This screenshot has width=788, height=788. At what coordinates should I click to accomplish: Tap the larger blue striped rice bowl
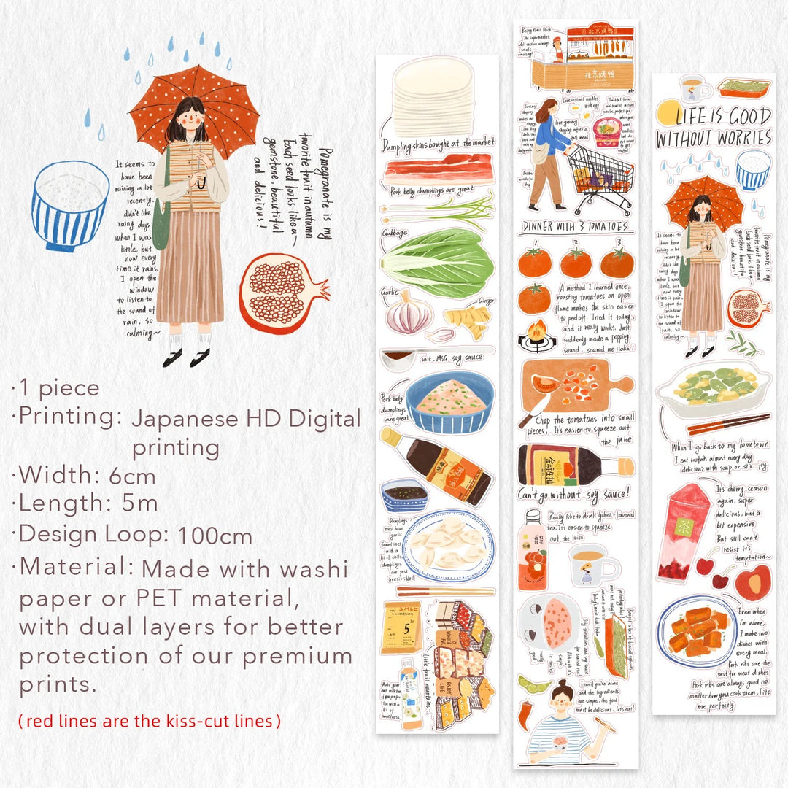[x=70, y=204]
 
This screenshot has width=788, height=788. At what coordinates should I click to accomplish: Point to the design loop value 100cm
[x=215, y=536]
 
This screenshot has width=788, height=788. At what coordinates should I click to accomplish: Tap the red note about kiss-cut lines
[x=149, y=721]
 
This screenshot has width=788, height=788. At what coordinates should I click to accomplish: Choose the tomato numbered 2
[x=575, y=263]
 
